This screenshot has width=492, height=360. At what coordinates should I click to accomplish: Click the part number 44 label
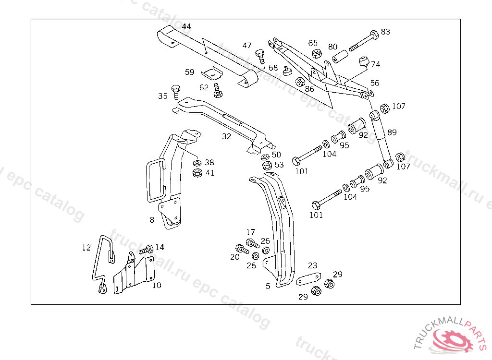click(x=186, y=26)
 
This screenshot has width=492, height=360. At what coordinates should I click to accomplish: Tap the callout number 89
click(x=392, y=132)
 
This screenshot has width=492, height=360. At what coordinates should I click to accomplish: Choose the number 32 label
click(x=226, y=136)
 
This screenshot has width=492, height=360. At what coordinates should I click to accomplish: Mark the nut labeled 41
click(x=197, y=173)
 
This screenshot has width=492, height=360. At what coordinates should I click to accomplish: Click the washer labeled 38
click(x=196, y=163)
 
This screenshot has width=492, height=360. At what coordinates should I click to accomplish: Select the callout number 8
click(x=152, y=220)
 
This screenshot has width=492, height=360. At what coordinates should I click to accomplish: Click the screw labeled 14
click(x=146, y=250)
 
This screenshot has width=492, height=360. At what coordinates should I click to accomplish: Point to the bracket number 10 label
click(x=157, y=285)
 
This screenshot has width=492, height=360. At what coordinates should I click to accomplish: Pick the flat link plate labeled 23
click(x=308, y=279)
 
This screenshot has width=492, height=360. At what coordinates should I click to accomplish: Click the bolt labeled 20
click(x=242, y=249)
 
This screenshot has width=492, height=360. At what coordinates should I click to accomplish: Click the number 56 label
click(x=374, y=83)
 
